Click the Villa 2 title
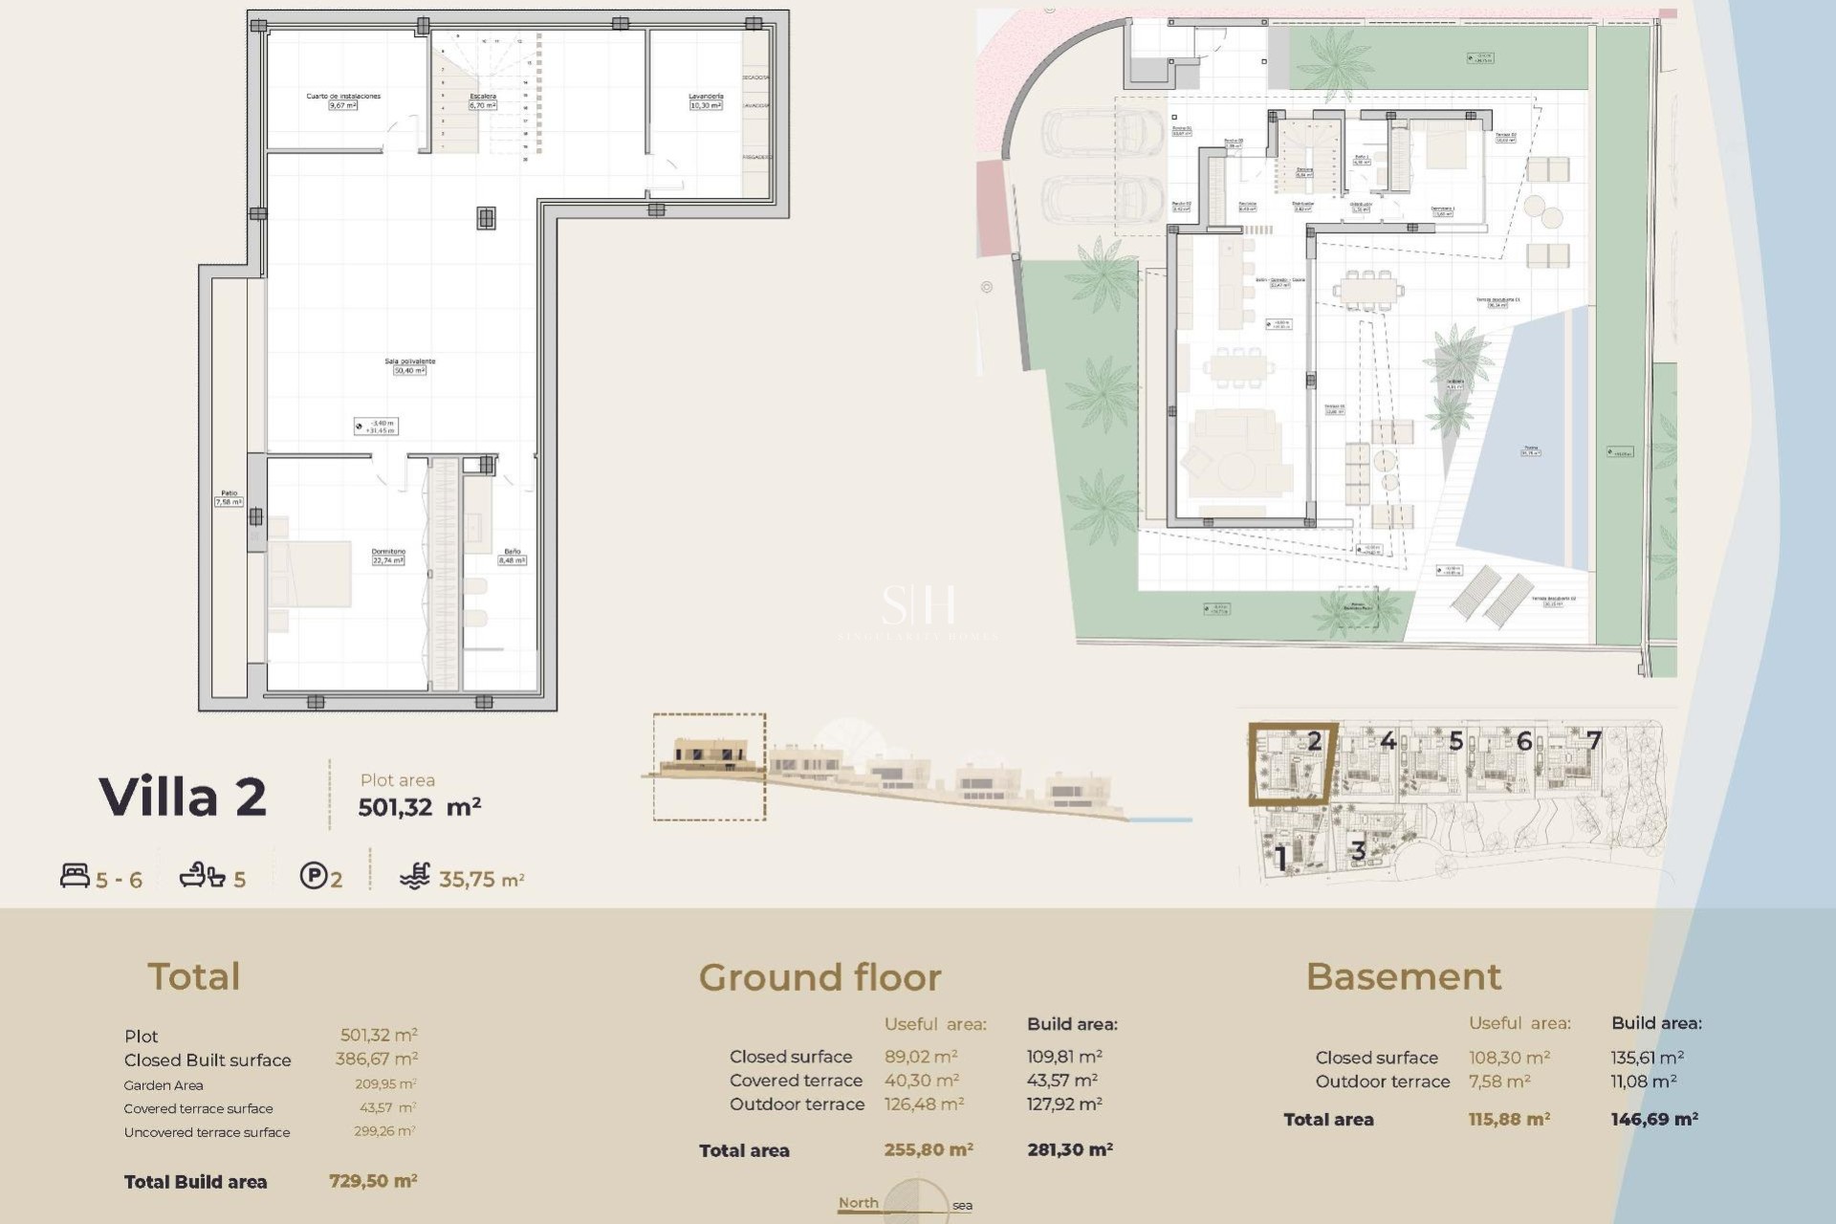(183, 797)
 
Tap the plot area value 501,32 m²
(419, 807)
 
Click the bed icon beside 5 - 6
(75, 876)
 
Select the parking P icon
(313, 876)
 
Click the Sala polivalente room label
(410, 361)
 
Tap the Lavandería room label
(706, 97)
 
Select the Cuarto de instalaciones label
(343, 97)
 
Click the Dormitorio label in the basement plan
(388, 552)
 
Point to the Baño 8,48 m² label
(513, 556)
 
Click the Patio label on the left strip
(229, 493)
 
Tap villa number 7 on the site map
(1594, 740)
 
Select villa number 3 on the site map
(1358, 849)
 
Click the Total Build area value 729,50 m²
(373, 1181)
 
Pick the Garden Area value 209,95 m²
(384, 1084)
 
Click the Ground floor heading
(820, 977)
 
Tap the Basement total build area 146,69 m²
(1654, 1119)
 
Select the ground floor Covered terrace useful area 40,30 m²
(921, 1081)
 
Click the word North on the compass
(858, 1203)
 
